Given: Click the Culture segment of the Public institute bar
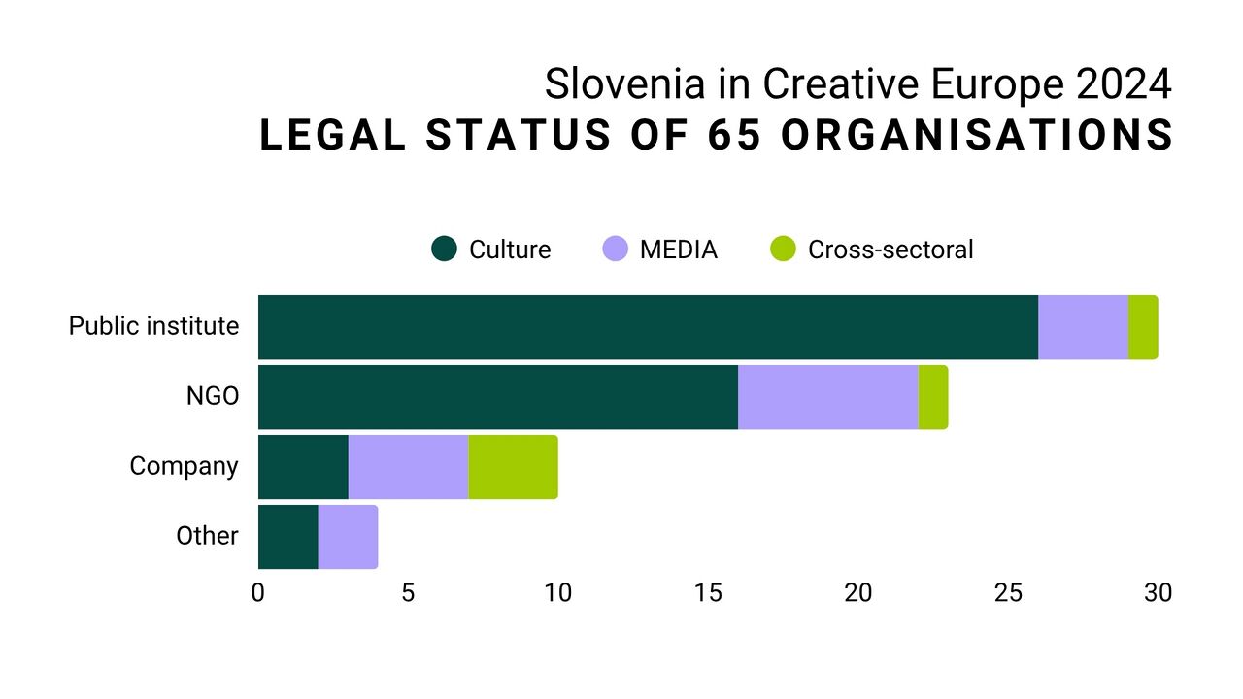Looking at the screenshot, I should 648,327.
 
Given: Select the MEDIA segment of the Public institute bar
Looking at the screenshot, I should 1083,327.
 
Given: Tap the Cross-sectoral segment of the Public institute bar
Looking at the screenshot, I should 1143,327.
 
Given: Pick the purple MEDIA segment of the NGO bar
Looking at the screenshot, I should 827,397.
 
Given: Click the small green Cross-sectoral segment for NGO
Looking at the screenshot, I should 933,397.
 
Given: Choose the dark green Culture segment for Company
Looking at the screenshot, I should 303,467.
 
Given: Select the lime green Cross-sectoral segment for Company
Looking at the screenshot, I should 513,467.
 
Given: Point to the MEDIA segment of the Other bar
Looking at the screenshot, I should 348,537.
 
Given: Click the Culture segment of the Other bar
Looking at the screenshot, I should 287,537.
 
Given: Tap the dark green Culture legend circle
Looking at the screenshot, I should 444,250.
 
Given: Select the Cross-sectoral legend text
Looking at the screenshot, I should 890,250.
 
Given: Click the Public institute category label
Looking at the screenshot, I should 153,326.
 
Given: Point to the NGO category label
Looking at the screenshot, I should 212,396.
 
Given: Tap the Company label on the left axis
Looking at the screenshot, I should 184,466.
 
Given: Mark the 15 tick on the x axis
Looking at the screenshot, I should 708,592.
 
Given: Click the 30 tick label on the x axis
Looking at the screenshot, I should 1158,592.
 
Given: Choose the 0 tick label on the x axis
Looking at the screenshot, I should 258,592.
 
